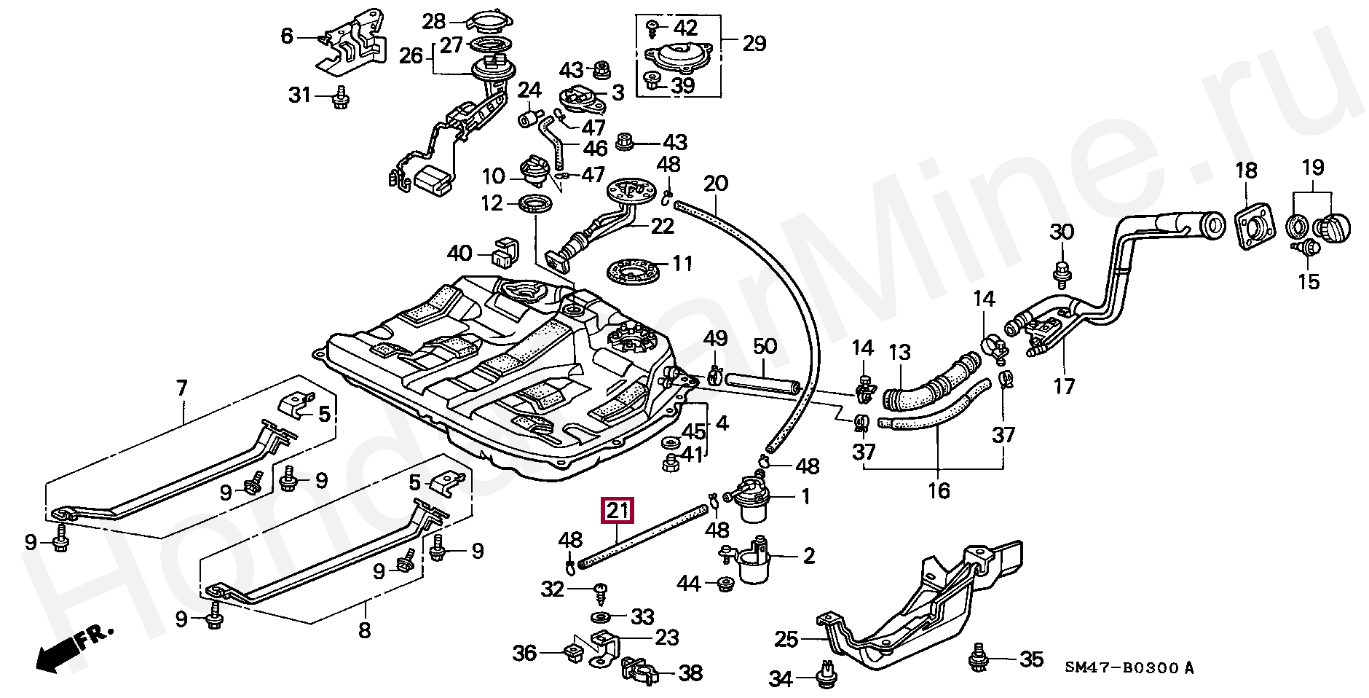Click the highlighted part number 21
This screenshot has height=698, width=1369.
[x=618, y=511]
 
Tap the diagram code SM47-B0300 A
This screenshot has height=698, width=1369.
[x=1129, y=668]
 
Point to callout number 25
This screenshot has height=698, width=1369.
[x=786, y=640]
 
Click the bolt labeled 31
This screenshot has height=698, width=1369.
[x=340, y=98]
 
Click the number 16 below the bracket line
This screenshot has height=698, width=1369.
[x=939, y=491]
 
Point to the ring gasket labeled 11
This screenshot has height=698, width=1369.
[x=633, y=272]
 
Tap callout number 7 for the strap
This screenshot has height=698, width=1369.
[x=181, y=388]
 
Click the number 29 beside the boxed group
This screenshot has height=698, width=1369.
[x=754, y=44]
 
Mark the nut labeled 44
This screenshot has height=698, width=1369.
[x=725, y=584]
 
